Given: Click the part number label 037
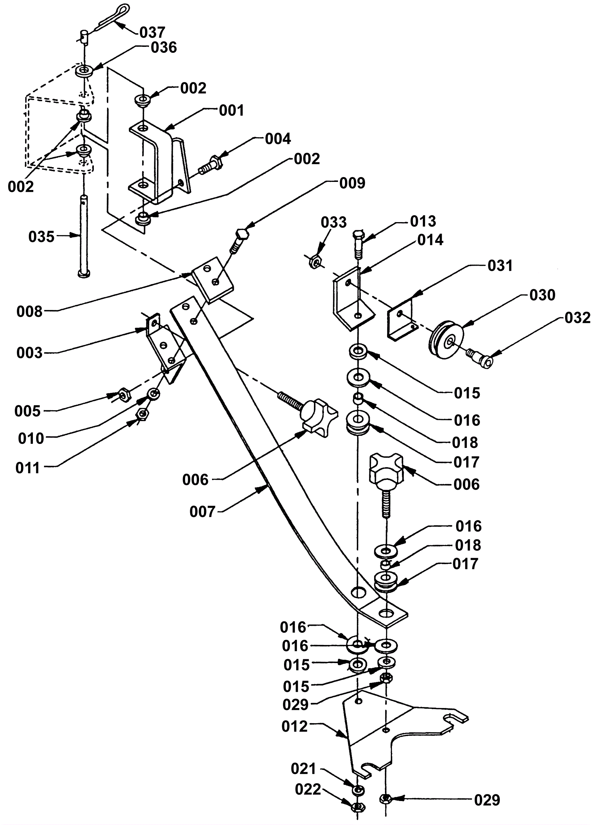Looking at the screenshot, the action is (x=152, y=32).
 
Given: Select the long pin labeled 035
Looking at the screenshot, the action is (x=84, y=237).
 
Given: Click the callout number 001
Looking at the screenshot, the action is (x=231, y=110).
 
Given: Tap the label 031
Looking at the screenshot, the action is (x=500, y=265).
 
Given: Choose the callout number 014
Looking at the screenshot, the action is (x=430, y=240).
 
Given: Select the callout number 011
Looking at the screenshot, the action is (x=28, y=468).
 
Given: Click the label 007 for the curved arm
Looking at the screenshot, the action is (x=202, y=512).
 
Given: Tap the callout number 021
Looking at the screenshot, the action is (x=304, y=769).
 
